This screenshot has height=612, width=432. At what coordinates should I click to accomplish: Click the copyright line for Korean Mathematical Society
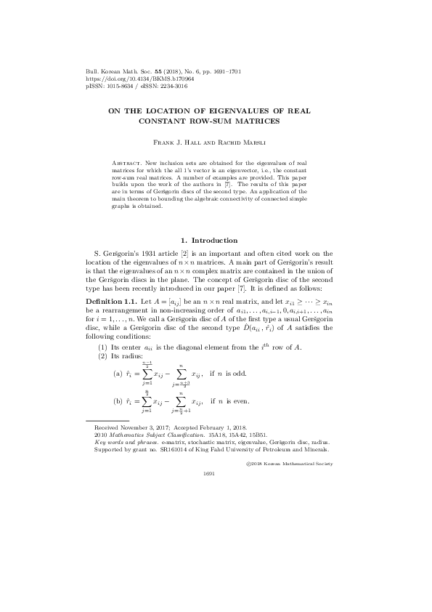tap(289, 462)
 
